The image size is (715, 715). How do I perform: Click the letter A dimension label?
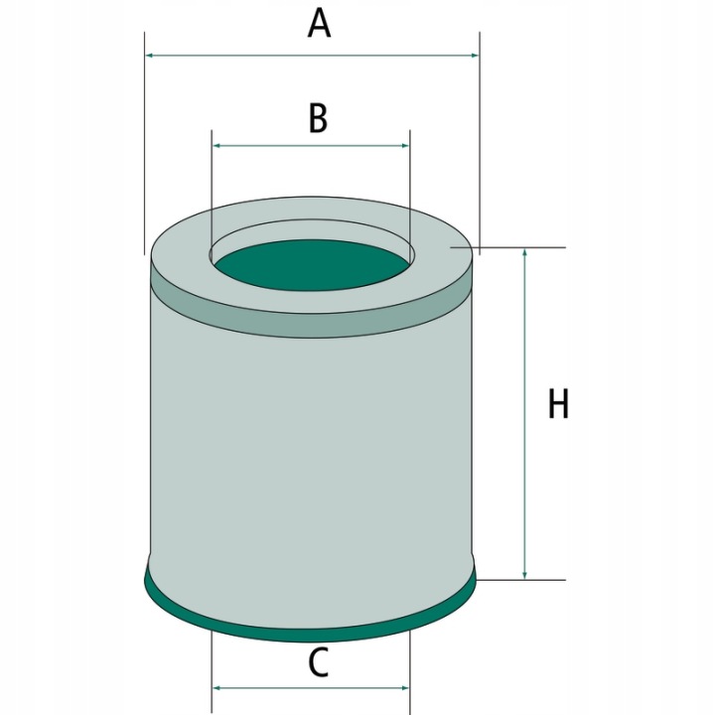319,24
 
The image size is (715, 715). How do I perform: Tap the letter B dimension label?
318,118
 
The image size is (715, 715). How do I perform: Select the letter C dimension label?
319,662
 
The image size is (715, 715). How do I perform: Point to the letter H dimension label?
558,403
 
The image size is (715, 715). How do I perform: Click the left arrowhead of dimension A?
150,56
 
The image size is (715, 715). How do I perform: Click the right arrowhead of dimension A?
475,56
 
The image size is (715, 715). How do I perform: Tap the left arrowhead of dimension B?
217,145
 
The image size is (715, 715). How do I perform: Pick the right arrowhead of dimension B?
404,145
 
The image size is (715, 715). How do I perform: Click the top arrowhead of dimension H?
525,252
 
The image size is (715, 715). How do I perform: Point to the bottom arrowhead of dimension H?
525,575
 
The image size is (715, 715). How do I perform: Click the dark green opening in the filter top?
313,265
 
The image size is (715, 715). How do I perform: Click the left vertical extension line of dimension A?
145,143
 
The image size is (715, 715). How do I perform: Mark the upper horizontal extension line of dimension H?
508,247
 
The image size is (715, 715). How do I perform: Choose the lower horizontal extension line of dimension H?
520,580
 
